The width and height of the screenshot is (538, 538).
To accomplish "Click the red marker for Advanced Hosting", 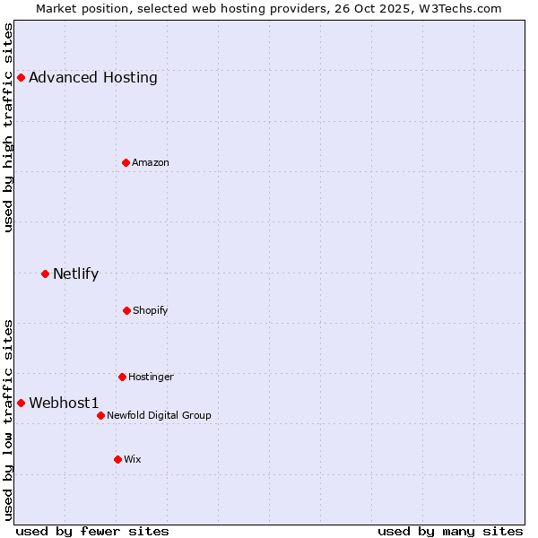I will click(21, 77).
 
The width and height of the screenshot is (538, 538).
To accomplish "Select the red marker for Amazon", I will click(126, 162).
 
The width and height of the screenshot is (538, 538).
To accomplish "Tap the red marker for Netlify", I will click(45, 273).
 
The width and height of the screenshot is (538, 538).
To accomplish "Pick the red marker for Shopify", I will click(126, 310).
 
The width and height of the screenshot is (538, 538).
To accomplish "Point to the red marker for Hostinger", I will click(122, 377).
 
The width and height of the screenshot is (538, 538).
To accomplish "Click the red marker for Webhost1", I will click(21, 403).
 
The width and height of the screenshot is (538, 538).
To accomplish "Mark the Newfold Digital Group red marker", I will click(100, 415).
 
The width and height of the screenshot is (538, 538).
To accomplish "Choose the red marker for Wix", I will click(117, 459).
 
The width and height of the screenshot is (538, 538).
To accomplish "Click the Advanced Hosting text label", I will click(93, 77).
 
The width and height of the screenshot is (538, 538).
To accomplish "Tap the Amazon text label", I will click(151, 162).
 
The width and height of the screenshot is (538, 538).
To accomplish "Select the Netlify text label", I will click(76, 273).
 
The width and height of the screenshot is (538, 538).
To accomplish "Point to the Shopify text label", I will click(151, 310).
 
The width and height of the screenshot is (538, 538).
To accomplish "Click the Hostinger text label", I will click(151, 377).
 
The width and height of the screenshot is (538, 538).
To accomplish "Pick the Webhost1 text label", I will click(65, 403).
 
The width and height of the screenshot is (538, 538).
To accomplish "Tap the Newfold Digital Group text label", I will click(160, 415).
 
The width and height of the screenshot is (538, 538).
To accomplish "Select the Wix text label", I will click(133, 459).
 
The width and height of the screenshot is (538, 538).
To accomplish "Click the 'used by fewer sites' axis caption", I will click(92, 531).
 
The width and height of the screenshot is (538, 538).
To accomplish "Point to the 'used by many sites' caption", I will click(450, 531).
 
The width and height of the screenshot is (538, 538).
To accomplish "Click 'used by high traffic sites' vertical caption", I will click(8, 127).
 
